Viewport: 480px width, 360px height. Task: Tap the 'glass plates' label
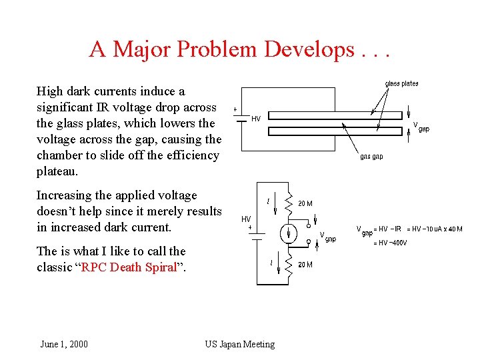(x=402, y=83)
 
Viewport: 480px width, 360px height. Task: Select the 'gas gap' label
(x=371, y=157)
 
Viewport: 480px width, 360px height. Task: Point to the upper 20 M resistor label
(x=305, y=203)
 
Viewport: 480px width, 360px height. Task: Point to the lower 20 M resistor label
(x=305, y=264)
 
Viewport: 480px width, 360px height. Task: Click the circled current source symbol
(x=289, y=233)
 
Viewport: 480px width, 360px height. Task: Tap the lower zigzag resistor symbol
(x=288, y=265)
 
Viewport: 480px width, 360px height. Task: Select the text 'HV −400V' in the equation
(x=390, y=243)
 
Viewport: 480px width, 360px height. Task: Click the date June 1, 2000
(x=64, y=344)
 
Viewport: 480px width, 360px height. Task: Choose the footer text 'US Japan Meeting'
(x=239, y=344)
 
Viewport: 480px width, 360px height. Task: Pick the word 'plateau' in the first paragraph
(x=57, y=171)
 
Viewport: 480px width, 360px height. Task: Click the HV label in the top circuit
(x=255, y=119)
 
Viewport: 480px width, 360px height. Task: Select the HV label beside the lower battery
(x=246, y=219)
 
